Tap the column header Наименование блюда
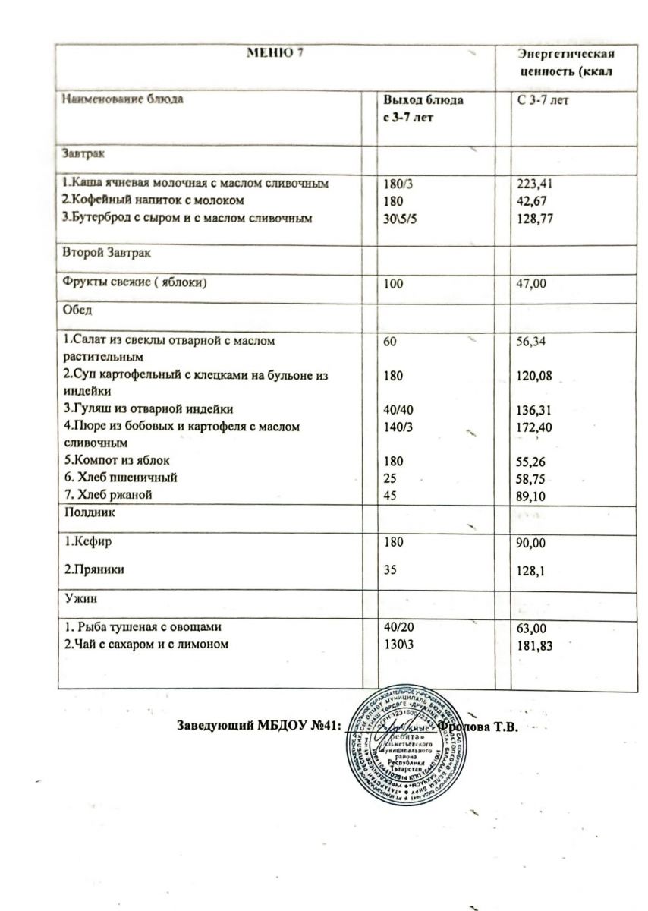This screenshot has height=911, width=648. (x=122, y=99)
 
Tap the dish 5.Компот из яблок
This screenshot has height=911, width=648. (x=117, y=460)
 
